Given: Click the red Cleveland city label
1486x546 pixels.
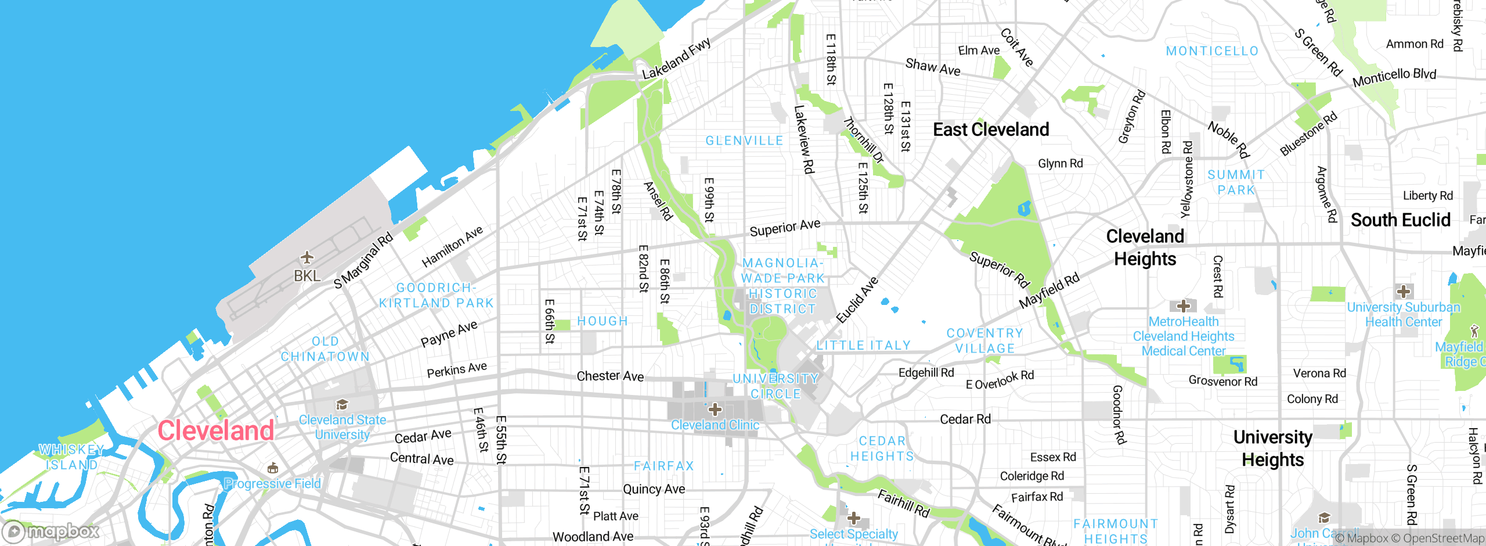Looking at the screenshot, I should [x=216, y=431].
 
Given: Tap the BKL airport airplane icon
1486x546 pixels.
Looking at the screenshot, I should [x=306, y=257].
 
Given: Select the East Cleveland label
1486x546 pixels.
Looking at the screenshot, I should [x=991, y=130].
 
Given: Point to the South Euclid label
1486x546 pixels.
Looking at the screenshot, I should [x=1400, y=220].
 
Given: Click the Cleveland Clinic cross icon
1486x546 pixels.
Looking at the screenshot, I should [x=715, y=409].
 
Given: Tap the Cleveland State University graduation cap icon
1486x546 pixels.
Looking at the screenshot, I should [x=342, y=404].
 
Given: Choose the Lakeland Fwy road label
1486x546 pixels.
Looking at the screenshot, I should [x=676, y=59].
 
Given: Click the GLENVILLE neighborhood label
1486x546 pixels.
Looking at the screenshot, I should [x=744, y=141].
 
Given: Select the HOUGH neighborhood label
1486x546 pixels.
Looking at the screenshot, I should [x=603, y=321].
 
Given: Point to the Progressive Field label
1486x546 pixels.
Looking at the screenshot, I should [x=272, y=483].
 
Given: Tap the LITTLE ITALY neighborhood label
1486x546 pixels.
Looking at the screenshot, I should [x=863, y=346].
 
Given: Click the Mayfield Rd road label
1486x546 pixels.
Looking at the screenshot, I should [x=1049, y=290].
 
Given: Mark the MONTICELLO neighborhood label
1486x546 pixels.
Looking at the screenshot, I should [x=1212, y=51].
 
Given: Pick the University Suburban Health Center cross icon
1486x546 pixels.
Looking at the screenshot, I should [x=1404, y=291].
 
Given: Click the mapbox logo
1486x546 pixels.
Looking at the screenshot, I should [x=51, y=531].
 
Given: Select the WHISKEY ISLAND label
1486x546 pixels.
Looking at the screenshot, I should [x=71, y=457].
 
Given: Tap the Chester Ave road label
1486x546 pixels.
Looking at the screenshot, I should [x=610, y=376].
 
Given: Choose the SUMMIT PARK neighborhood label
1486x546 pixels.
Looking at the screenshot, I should [x=1236, y=182].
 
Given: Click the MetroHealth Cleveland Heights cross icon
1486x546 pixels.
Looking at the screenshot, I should [x=1183, y=306].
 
